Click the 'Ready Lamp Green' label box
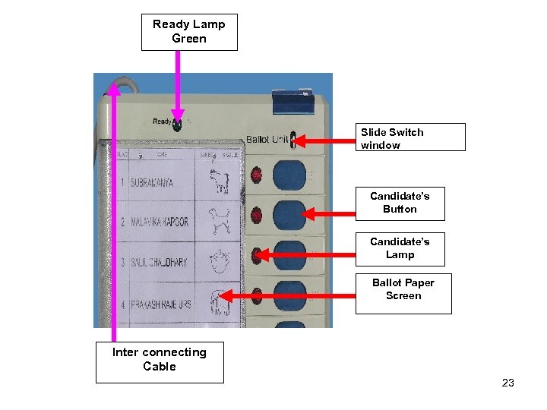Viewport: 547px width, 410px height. point(189,32)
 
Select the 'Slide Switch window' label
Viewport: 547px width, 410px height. point(412,137)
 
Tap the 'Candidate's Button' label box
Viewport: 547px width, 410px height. point(400,203)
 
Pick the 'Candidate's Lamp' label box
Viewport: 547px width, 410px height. point(400,248)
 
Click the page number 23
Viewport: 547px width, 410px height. point(508,383)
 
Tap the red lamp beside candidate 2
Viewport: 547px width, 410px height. point(256,213)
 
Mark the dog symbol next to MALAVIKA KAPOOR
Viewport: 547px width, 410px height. point(221,221)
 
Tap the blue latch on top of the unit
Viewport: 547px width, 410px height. point(293,96)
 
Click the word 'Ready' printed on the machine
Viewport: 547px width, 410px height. point(162,121)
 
